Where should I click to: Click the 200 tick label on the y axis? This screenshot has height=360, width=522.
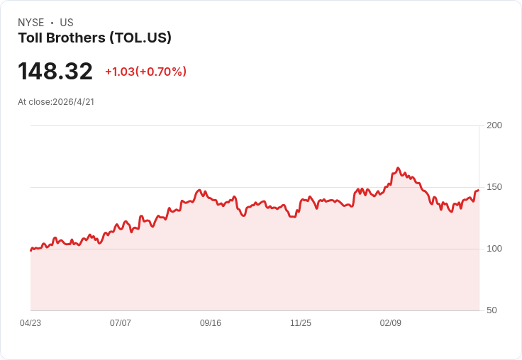click(x=494, y=125)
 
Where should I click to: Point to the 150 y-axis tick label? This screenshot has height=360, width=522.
click(x=494, y=187)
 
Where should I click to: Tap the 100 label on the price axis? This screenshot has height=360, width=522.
click(x=494, y=249)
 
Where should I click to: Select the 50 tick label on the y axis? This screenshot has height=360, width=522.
click(x=492, y=310)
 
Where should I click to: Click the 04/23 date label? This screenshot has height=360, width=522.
click(x=30, y=323)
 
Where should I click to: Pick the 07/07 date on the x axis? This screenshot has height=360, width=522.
click(x=121, y=323)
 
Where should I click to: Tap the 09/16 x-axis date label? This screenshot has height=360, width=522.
click(x=211, y=323)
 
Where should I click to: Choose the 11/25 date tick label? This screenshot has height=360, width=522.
click(x=301, y=323)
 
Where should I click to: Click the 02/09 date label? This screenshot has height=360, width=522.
click(x=391, y=323)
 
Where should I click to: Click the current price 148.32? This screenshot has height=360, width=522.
click(x=55, y=71)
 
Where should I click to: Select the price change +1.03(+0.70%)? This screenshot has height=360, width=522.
click(x=146, y=72)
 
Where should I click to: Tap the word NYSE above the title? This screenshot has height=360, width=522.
click(x=31, y=23)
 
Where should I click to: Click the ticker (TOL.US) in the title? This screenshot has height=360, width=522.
click(x=140, y=38)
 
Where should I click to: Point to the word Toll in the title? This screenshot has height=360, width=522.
click(x=30, y=38)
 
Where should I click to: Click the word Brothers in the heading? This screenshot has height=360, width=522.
click(x=76, y=38)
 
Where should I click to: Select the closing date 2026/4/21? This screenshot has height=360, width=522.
click(x=74, y=102)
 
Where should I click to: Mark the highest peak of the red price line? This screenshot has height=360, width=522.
click(x=398, y=168)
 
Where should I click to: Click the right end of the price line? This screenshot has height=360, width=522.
click(x=479, y=191)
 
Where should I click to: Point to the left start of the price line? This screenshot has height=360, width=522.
click(x=31, y=250)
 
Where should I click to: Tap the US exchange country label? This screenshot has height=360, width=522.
click(x=67, y=23)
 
